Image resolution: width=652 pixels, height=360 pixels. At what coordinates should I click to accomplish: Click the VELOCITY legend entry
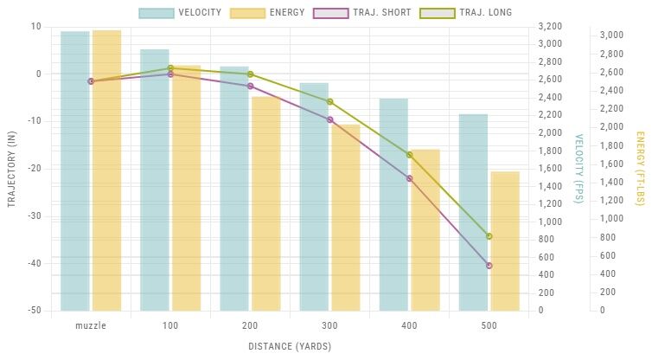pyautogui.click(x=181, y=13)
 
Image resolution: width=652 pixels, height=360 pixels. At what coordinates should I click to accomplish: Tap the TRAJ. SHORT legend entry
pyautogui.click(x=356, y=13)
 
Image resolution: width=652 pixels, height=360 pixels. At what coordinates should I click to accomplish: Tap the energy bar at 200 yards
pyautogui.click(x=265, y=203)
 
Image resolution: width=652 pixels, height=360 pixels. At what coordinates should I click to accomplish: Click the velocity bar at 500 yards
pyautogui.click(x=473, y=212)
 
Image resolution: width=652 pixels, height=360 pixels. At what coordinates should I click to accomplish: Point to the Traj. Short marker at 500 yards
pyautogui.click(x=489, y=265)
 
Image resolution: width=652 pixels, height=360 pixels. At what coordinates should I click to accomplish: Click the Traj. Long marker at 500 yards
pyautogui.click(x=489, y=236)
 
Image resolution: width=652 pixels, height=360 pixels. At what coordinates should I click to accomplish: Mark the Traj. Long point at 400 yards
pyautogui.click(x=410, y=155)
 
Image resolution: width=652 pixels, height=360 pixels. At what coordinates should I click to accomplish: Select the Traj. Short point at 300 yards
pyautogui.click(x=330, y=119)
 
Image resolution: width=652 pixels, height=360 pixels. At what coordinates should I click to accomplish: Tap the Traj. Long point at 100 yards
pyautogui.click(x=170, y=68)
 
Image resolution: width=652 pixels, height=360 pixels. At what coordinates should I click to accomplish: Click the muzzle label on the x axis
pyautogui.click(x=91, y=325)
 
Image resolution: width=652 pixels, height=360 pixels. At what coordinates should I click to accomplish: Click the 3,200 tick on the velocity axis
pyautogui.click(x=550, y=26)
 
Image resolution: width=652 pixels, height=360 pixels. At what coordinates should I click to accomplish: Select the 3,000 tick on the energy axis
pyautogui.click(x=611, y=35)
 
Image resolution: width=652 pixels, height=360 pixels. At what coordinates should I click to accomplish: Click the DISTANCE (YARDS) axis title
pyautogui.click(x=290, y=346)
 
